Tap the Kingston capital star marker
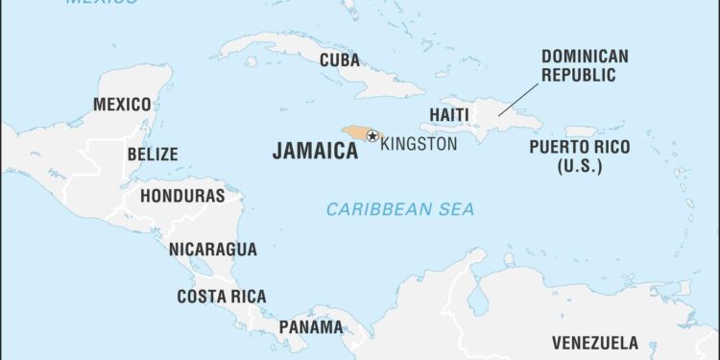(372, 136)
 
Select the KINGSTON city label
(419, 144)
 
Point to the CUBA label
(340, 60)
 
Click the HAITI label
(448, 114)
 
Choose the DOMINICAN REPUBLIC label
(586, 65)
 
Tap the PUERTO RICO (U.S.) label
(580, 156)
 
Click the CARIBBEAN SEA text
(399, 208)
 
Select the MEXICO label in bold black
(121, 104)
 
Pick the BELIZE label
(152, 154)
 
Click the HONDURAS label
(182, 196)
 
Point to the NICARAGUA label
(213, 249)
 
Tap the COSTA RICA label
(222, 297)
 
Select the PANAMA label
(310, 326)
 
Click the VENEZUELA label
(594, 343)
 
